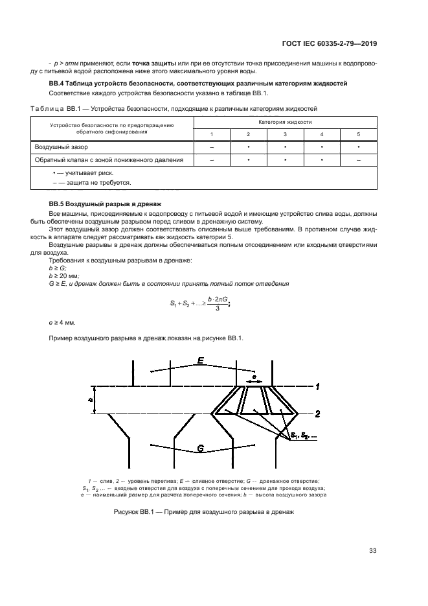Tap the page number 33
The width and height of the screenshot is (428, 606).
(372, 551)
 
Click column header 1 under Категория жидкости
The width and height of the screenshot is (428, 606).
(212, 134)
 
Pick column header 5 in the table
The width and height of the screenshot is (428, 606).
(358, 134)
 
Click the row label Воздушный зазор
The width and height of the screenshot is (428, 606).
(57, 147)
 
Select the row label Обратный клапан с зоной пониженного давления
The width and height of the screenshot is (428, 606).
(109, 159)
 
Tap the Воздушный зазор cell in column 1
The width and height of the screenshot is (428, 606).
(212, 147)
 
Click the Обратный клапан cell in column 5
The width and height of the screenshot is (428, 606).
(358, 159)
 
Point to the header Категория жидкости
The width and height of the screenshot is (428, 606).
(285, 122)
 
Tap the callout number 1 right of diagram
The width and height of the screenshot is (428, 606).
(317, 387)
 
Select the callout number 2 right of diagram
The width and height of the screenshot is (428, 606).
(318, 413)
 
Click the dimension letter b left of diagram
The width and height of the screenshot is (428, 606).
(90, 400)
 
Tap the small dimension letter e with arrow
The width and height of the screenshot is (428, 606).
(254, 375)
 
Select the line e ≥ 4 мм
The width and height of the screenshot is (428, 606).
(62, 321)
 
